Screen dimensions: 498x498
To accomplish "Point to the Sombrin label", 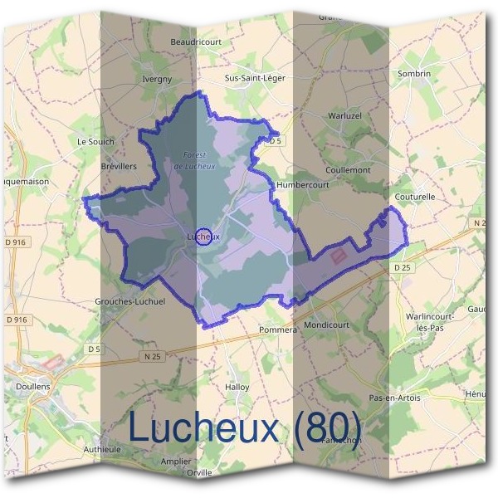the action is click(415, 74).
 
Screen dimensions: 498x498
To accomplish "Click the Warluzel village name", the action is click(345, 115).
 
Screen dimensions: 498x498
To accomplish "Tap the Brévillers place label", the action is click(118, 166).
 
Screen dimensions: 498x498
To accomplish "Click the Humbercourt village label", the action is click(303, 184).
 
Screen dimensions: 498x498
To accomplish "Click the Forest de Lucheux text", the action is click(195, 160).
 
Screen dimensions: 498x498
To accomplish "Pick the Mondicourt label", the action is click(327, 325).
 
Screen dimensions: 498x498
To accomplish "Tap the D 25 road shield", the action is click(403, 267).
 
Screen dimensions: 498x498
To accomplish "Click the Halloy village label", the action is click(237, 387).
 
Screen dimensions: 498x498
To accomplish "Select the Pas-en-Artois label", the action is click(395, 398).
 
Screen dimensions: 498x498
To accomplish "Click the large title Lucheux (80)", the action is click(245, 429).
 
